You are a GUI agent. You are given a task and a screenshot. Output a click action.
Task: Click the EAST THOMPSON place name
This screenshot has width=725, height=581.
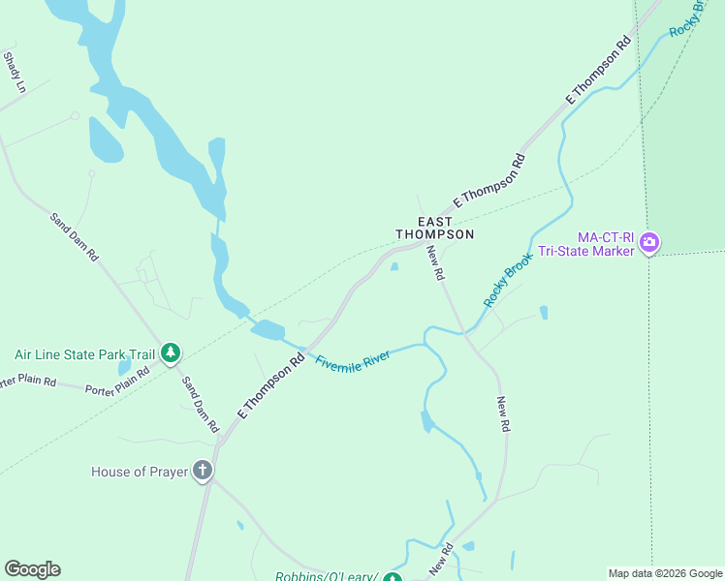(x=434, y=229)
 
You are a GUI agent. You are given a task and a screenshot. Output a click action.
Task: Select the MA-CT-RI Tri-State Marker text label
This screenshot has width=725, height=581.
(x=606, y=244)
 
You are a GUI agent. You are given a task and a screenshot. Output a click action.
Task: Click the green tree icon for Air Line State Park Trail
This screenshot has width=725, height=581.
(x=171, y=352)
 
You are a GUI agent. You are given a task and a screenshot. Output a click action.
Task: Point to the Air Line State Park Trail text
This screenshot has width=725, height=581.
(x=84, y=354)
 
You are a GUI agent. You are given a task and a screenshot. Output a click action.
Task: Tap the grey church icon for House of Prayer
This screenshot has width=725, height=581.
(x=203, y=472)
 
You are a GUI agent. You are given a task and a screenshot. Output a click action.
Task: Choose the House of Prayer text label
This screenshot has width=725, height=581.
(x=140, y=473)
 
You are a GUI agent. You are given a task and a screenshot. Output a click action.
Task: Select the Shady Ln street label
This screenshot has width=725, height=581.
(x=15, y=73)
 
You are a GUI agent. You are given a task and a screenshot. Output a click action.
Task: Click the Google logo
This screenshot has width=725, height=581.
(x=32, y=568)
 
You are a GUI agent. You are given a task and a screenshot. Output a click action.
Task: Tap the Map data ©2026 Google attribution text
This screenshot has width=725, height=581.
(x=664, y=573)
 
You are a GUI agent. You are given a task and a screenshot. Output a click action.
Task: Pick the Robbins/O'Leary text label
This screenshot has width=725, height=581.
(x=326, y=576)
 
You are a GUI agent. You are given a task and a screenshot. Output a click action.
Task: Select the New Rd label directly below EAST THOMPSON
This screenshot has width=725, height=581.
(x=435, y=263)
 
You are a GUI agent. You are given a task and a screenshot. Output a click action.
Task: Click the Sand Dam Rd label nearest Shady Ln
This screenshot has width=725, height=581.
(x=75, y=238)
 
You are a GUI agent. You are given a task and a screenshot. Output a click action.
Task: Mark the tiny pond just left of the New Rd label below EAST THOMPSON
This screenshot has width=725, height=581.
(x=394, y=267)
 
